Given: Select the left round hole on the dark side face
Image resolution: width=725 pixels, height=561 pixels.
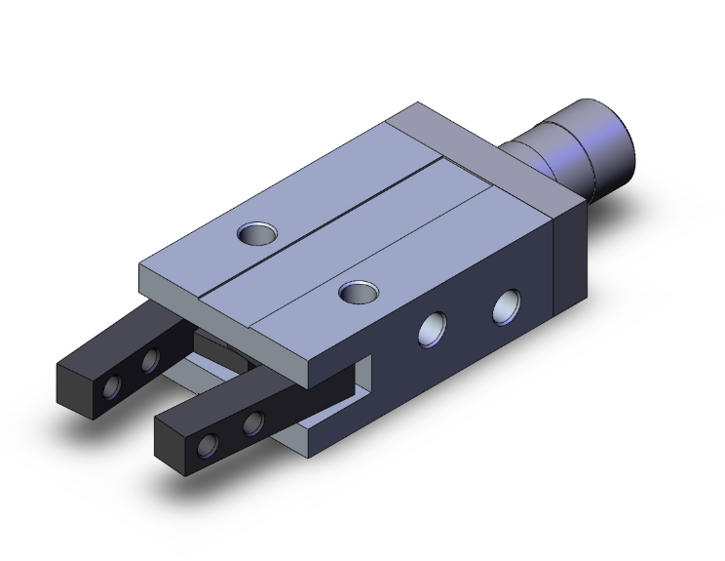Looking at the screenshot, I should (x=430, y=330).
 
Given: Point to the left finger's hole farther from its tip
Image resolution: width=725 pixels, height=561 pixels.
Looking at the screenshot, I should (x=150, y=362).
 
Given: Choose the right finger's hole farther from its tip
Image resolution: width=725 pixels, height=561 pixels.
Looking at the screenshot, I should (x=253, y=421).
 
